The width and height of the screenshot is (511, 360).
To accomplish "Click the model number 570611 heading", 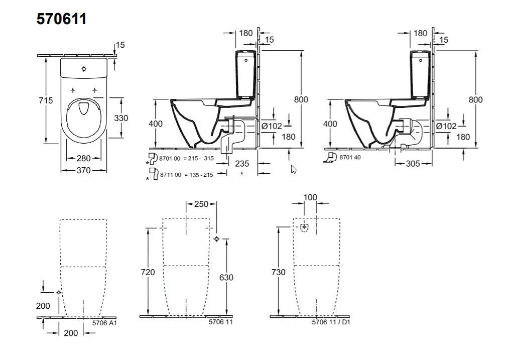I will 61,19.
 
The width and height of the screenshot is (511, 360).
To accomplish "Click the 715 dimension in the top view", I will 46,100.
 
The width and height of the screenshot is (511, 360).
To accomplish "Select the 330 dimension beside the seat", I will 121,118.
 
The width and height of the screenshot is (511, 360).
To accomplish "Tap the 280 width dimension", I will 84,159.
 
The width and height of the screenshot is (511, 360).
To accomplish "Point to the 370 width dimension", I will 84,171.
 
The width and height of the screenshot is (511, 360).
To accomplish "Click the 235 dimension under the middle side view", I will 242,164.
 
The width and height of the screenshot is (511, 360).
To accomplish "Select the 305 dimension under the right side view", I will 414,164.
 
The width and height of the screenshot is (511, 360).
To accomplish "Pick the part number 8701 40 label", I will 350,158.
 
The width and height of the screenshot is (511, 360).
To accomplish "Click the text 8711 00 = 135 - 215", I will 187,175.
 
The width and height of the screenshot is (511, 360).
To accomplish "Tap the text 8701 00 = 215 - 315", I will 187,158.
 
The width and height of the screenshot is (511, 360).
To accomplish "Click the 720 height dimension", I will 148,272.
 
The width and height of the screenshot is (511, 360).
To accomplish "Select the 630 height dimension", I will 226,277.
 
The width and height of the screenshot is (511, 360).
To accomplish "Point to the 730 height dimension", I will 278,272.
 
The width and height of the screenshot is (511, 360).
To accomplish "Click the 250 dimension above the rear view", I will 201,204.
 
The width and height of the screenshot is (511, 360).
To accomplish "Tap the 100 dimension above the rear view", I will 310,197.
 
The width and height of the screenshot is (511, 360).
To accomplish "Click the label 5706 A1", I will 104,324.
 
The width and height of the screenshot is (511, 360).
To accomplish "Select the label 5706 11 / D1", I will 331,322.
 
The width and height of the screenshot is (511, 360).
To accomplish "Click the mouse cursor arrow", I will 294,169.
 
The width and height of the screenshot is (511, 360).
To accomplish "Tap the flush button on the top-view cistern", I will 84,69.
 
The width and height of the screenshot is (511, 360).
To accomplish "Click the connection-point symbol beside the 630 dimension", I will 216,239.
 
